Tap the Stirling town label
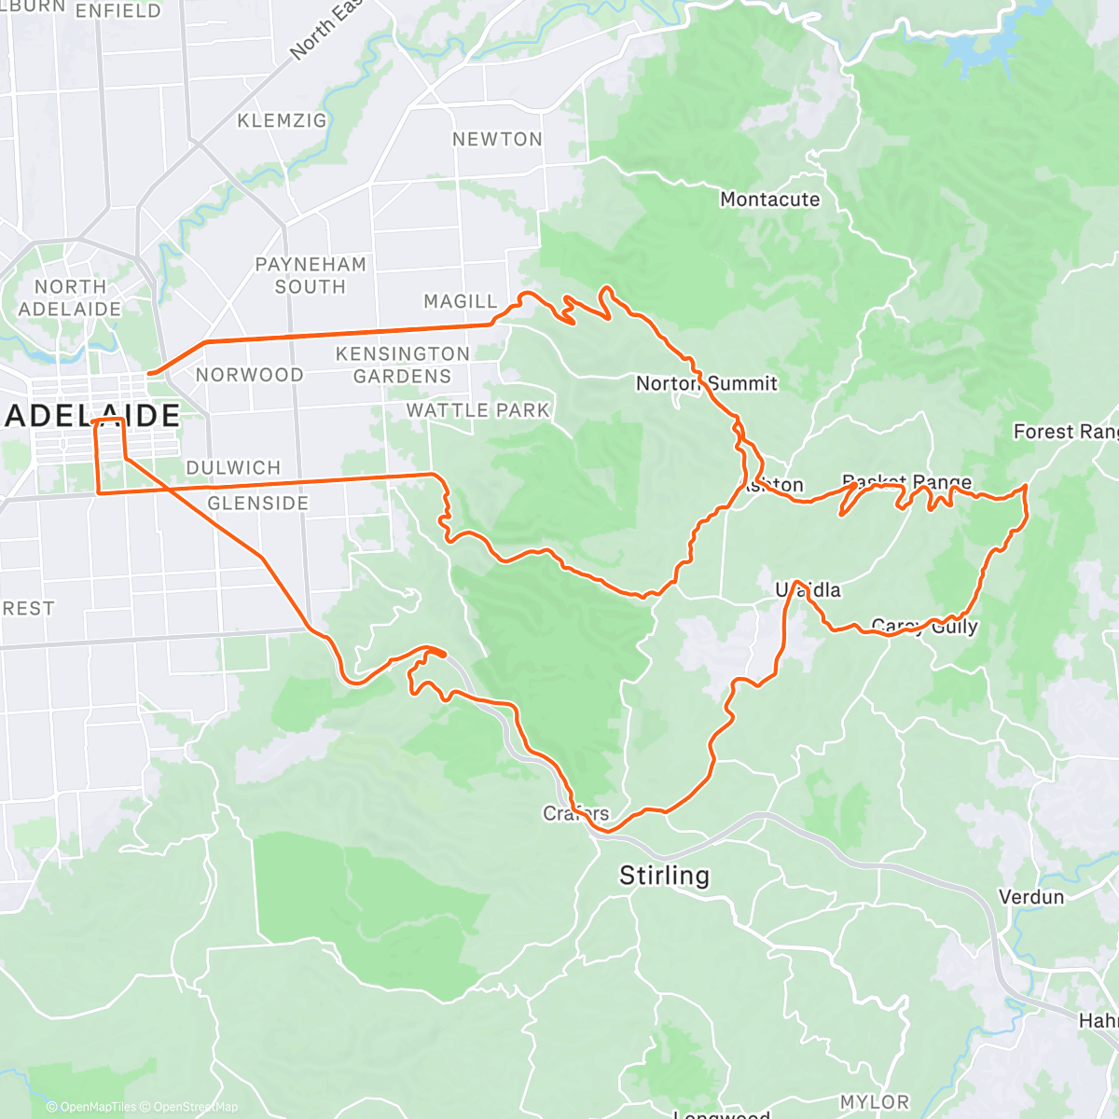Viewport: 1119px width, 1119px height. click(664, 876)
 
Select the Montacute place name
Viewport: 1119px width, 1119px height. click(769, 200)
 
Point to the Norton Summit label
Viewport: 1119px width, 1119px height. click(706, 383)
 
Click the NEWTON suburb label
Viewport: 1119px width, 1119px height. click(497, 140)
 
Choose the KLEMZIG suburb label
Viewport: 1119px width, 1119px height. click(282, 121)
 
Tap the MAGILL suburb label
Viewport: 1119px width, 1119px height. click(461, 301)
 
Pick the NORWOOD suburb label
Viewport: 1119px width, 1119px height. click(249, 375)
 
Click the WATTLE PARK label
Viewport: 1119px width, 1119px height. click(477, 410)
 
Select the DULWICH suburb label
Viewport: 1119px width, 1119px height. click(233, 468)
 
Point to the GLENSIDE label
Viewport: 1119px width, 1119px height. click(257, 504)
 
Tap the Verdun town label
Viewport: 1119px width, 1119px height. click(1030, 897)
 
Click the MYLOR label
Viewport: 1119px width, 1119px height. click(874, 1102)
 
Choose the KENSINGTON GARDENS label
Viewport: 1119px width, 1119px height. click(402, 365)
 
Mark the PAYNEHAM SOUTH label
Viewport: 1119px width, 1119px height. click(311, 275)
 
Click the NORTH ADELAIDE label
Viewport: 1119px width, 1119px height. click(70, 297)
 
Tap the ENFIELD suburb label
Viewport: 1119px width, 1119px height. click(117, 11)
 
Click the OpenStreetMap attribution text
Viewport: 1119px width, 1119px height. click(196, 1107)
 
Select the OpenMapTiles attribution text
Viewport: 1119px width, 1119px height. click(97, 1107)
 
